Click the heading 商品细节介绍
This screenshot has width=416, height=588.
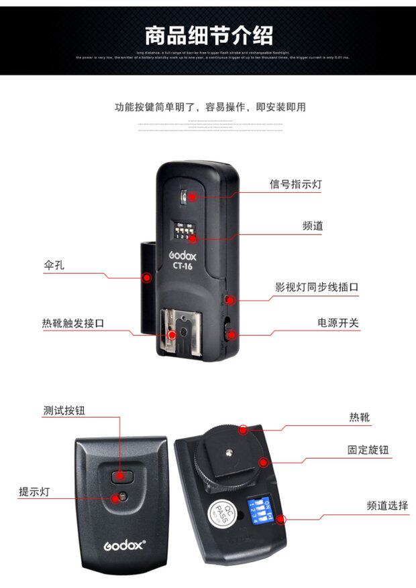(x=209, y=34)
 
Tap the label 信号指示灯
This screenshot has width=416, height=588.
(x=295, y=184)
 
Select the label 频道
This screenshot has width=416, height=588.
(x=312, y=226)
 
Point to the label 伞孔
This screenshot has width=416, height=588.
(x=54, y=265)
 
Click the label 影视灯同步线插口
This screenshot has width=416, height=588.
(x=317, y=287)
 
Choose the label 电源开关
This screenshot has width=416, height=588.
(x=338, y=323)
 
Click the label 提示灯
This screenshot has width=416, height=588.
(x=34, y=492)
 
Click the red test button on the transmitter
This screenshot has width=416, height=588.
(x=119, y=475)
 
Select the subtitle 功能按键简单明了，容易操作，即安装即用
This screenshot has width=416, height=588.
(x=210, y=106)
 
